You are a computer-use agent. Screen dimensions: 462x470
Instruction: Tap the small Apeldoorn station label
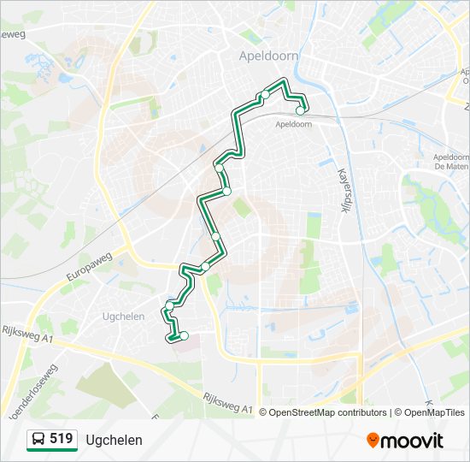(x=293, y=124)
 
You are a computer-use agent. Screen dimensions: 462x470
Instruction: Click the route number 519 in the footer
(x=61, y=439)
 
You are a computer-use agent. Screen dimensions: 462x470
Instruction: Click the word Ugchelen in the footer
(x=114, y=440)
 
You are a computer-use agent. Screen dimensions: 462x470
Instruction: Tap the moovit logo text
(x=412, y=441)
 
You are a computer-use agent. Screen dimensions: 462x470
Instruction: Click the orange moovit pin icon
(x=373, y=441)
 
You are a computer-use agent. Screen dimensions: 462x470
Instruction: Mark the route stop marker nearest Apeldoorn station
(x=300, y=110)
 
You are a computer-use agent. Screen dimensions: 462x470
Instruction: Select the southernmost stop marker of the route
(x=184, y=335)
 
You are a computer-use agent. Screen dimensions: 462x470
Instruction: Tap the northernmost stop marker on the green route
(x=266, y=94)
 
